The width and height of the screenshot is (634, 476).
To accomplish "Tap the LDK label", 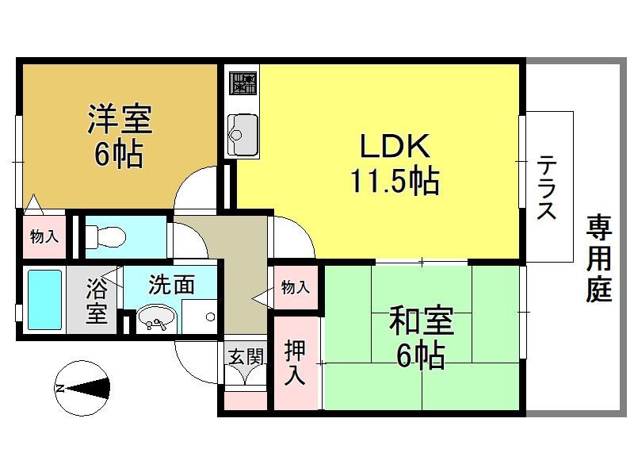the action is coord(395,146).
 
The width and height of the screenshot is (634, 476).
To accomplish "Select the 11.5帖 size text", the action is coord(395,182).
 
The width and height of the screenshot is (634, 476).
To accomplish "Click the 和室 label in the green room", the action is coord(422,321).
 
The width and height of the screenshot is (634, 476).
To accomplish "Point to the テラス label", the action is coord(546,186).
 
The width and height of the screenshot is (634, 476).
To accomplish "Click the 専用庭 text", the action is coord(599,259).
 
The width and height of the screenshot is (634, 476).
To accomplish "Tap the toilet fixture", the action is coord(106,236).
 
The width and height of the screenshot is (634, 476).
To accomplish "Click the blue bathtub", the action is coord(44,300).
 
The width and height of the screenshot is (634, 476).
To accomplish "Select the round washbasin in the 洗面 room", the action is coord(156,319).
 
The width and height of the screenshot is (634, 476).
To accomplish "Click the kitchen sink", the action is coord(243,134).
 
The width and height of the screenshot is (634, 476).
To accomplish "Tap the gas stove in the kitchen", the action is coord(243,83).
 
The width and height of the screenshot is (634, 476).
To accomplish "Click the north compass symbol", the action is coord(82,388).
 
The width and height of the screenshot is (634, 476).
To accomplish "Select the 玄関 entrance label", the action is coord(246,356).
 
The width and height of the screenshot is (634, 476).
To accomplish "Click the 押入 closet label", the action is coord(294,363).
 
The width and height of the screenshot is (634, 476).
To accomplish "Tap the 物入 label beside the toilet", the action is coord(44,236).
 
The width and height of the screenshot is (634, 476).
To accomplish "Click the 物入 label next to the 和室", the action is coord(296,287).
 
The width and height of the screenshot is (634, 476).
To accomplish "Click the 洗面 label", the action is coord(172,285).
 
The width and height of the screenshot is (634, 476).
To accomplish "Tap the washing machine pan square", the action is coord(199,317).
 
